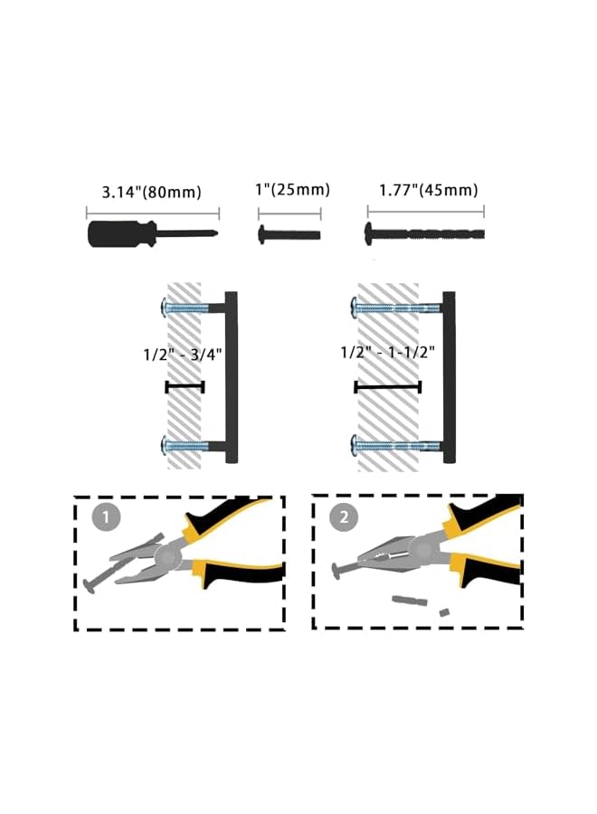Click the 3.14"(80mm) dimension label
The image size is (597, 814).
coord(150,192)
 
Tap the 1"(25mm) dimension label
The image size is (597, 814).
coord(290,190)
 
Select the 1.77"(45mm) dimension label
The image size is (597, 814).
coord(428,190)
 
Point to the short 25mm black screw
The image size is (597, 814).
coord(289,234)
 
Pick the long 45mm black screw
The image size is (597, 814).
coord(425,233)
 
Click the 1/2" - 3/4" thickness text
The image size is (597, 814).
coord(184,355)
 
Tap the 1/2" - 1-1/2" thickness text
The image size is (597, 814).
coord(388,352)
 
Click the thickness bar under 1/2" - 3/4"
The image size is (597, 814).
coord(185,387)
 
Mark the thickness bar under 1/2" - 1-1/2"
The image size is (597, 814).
coord(387,387)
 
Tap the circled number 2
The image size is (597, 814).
coord(345,518)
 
